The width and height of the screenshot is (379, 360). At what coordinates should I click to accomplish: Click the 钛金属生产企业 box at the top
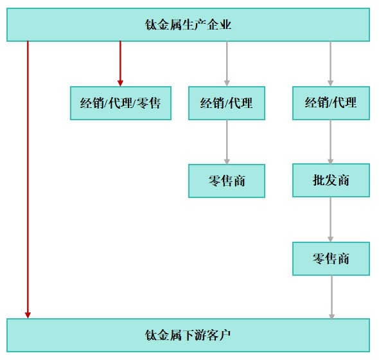[x=188, y=25]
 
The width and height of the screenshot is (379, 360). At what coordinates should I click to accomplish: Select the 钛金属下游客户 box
[x=188, y=335]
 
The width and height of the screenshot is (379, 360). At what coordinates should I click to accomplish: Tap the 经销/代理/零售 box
[x=121, y=103]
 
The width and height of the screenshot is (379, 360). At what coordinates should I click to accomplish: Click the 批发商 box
[x=331, y=180]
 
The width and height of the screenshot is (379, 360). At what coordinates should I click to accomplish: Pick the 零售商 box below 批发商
[x=331, y=258]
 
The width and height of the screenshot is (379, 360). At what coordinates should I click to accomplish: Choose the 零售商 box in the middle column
[x=226, y=181]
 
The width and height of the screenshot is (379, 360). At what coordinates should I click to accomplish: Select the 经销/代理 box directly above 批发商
[x=331, y=103]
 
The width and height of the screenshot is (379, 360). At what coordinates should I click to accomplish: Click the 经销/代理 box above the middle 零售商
[x=226, y=103]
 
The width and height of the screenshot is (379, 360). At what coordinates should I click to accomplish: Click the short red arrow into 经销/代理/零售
[x=120, y=61]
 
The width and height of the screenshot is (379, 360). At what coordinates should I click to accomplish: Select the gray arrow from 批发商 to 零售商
[x=331, y=219]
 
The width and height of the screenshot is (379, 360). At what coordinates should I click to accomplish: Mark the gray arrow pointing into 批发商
[x=331, y=141]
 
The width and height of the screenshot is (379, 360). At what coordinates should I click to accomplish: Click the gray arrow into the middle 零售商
[x=227, y=141]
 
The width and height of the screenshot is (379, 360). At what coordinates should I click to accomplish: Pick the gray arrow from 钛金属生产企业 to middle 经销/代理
[x=227, y=63]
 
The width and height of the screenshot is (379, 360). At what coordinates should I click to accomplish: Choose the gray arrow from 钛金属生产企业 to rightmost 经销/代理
[x=331, y=63]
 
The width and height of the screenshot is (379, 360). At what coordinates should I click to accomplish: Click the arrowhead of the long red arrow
[x=28, y=314]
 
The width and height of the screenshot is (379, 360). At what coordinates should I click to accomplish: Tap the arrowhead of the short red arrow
[x=120, y=82]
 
